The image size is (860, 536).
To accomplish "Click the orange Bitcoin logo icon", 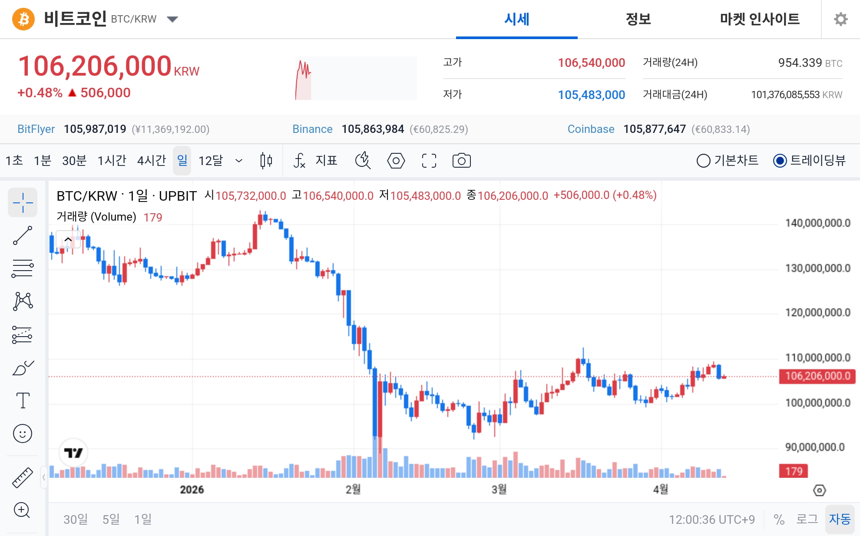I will (23, 19).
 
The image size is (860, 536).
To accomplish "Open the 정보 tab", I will (638, 19).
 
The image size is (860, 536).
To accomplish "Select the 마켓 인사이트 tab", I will (760, 19).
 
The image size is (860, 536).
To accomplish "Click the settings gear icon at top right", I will (840, 19).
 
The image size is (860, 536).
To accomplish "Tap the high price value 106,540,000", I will (591, 63).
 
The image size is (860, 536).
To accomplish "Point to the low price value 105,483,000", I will (591, 95).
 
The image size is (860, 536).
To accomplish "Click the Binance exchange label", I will (312, 129).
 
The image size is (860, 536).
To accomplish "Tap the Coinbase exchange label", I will (591, 129).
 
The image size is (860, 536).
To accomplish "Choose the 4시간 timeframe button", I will (152, 161).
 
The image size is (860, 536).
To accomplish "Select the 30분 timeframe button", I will (74, 161).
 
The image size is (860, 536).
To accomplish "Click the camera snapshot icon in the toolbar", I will (461, 161).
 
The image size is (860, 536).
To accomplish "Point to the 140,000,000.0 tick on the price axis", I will (817, 223).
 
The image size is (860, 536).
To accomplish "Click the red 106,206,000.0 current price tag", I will (817, 376).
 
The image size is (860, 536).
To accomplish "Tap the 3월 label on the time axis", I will (499, 490).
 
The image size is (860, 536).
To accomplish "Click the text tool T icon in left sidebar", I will (23, 400).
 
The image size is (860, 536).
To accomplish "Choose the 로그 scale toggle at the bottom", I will (807, 519).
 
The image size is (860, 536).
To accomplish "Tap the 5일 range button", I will (111, 519).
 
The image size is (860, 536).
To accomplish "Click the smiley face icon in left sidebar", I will (23, 433).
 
